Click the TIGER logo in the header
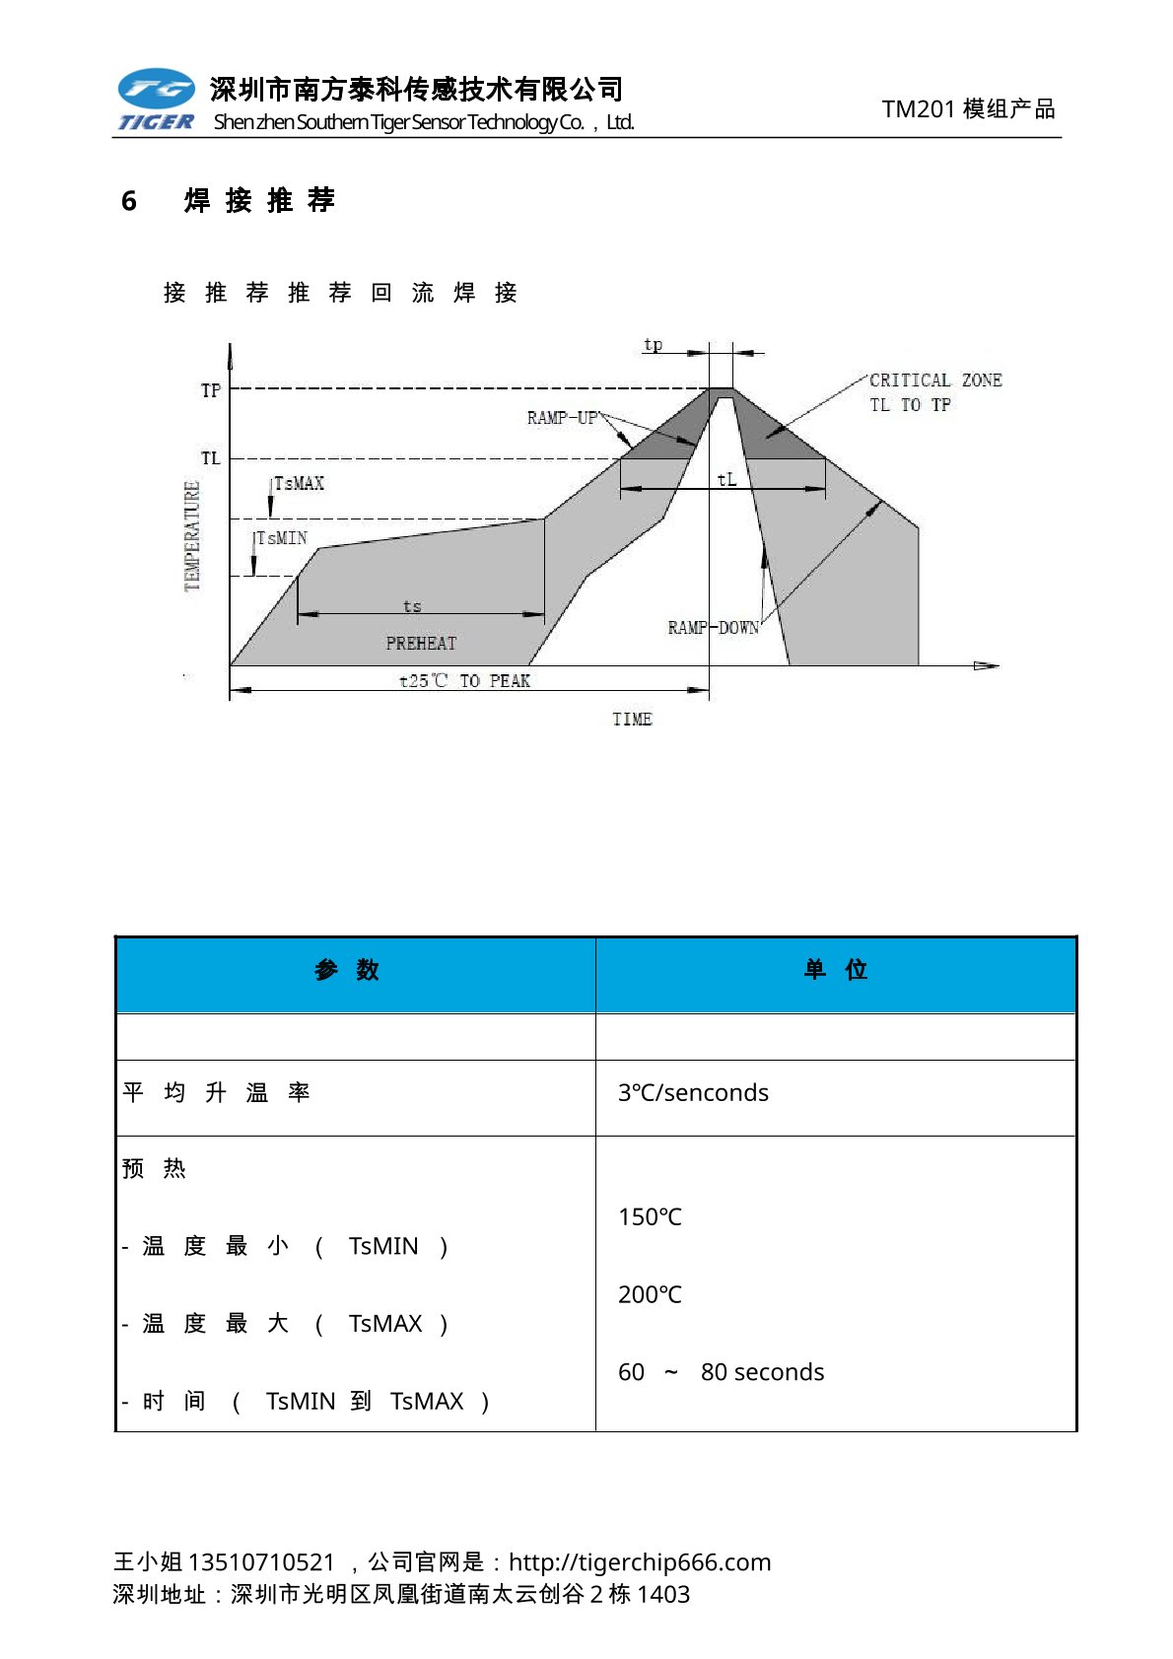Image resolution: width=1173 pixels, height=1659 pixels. [x=156, y=100]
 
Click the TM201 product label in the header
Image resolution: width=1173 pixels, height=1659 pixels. [x=968, y=108]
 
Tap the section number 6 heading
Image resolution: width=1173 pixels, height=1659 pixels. [x=129, y=201]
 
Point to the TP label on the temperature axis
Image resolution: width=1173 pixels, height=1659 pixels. [x=211, y=390]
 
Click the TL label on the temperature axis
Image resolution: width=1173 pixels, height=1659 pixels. [x=211, y=458]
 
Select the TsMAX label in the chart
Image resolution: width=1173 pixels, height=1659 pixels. [x=299, y=483]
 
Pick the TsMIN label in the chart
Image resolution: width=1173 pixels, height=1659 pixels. [x=282, y=538]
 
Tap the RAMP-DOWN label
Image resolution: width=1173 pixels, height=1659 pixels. [x=713, y=628]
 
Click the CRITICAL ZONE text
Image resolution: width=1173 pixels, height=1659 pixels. [x=934, y=380]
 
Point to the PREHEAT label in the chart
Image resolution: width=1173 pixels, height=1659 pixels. [x=421, y=644]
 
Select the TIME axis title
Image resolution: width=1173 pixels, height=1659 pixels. [x=632, y=720]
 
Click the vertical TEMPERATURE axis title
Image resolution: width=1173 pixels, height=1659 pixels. [x=192, y=535]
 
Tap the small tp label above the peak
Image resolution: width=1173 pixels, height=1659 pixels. [x=653, y=345]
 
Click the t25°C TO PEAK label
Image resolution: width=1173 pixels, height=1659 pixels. [x=464, y=681]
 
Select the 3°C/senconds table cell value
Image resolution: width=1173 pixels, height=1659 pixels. [x=693, y=1092]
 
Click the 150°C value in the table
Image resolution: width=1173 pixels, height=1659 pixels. [x=650, y=1216]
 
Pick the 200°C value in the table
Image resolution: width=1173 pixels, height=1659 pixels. [x=650, y=1294]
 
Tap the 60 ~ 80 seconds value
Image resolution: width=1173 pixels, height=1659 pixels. [x=721, y=1372]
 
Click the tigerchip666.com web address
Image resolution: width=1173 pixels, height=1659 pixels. [x=640, y=1561]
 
